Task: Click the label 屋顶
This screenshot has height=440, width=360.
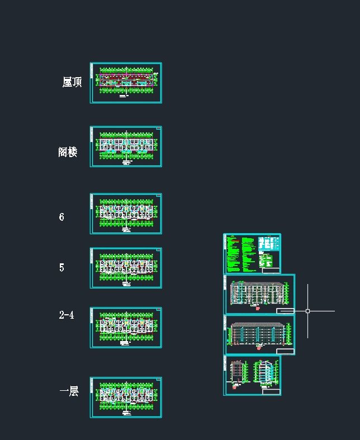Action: coord(72,82)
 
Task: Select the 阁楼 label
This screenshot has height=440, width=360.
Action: coord(68,152)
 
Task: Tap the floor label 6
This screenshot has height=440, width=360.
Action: coord(61,217)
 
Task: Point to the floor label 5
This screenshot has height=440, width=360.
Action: coord(61,267)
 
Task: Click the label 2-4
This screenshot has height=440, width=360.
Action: coord(67,315)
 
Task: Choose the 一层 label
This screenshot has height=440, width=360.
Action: coord(69,391)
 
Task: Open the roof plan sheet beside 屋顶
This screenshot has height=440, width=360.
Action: coord(126,83)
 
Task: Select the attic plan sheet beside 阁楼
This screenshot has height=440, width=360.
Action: coord(126,146)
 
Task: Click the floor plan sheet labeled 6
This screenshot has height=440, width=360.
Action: coord(126,214)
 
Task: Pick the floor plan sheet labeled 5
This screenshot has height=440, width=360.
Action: coord(126,268)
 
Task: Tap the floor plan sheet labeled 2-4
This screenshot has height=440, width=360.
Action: coord(126,328)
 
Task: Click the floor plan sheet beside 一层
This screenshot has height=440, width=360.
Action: coord(126,397)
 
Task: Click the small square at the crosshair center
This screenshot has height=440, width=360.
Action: coord(307,311)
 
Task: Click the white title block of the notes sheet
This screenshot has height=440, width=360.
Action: coord(271,271)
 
